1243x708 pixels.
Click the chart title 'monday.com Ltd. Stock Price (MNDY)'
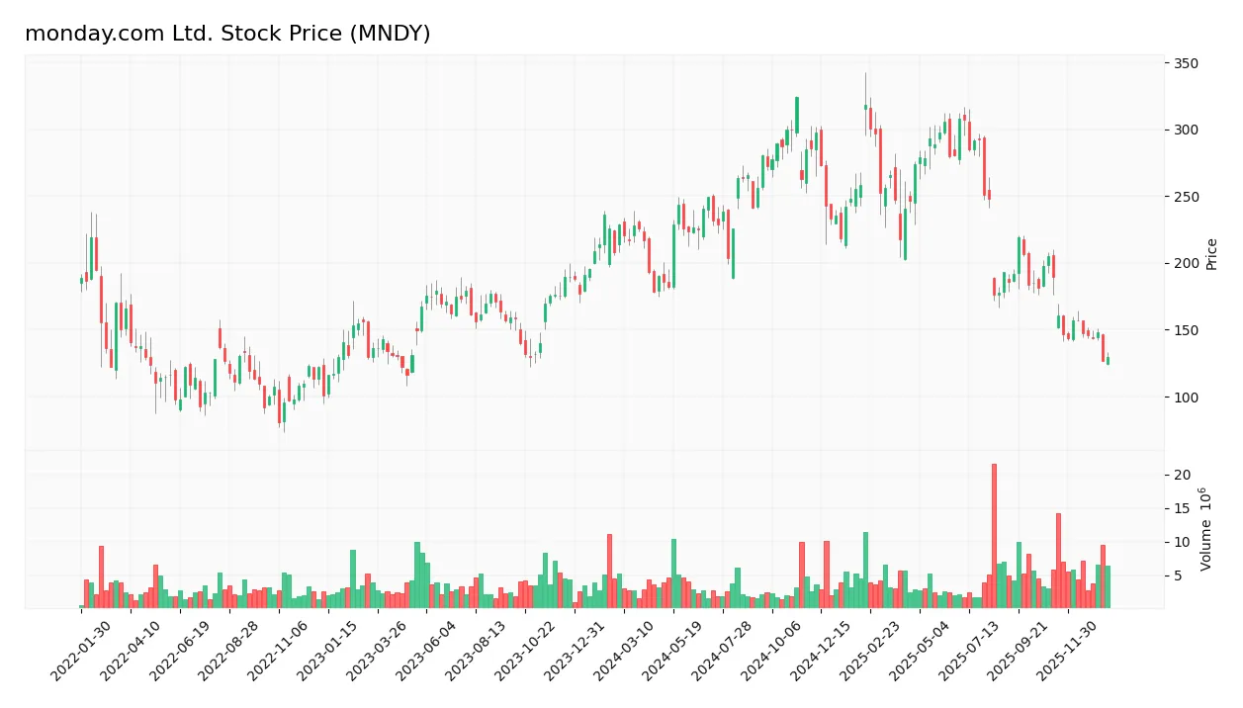pos(227,34)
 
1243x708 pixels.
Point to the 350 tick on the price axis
pos(1186,63)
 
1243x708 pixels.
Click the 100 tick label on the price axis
pos(1186,398)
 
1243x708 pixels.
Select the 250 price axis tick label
pos(1186,197)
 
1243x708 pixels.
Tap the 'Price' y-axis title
pos(1212,254)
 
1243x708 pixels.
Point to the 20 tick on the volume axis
pos(1182,476)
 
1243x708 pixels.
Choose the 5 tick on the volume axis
pos(1179,575)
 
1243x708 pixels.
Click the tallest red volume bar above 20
pos(994,534)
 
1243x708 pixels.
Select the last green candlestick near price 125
pos(1108,361)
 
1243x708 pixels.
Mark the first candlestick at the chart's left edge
pos(81,281)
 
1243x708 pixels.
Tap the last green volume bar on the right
pos(1108,586)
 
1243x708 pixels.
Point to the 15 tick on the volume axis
pos(1182,509)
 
